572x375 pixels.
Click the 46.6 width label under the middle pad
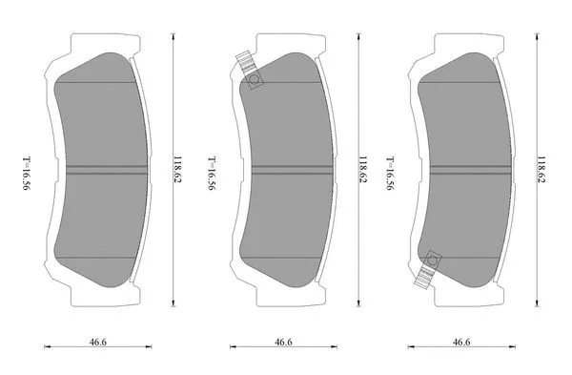(283, 341)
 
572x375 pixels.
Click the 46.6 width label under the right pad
(461, 341)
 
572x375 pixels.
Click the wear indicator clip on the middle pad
(251, 75)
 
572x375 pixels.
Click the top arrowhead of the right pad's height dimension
(535, 33)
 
